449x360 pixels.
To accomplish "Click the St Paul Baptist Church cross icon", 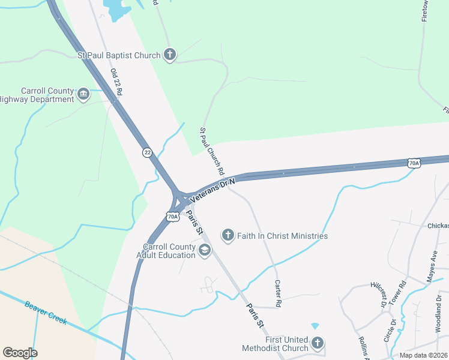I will click(170, 55).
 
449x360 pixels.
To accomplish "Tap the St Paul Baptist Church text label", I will click(119, 56).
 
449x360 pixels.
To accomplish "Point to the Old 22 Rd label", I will click(116, 82).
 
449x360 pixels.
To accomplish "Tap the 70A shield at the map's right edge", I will click(414, 163).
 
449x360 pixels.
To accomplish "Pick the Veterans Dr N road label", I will click(212, 189).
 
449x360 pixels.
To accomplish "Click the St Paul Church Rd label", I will click(212, 151).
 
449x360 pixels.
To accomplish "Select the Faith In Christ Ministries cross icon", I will click(228, 235).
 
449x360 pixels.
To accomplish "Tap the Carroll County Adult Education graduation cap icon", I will click(204, 250).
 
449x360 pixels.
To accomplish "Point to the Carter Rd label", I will click(278, 293).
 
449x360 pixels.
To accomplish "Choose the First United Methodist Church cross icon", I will click(317, 344).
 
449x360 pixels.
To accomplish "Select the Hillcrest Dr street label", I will click(378, 295).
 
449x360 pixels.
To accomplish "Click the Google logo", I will click(20, 353).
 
